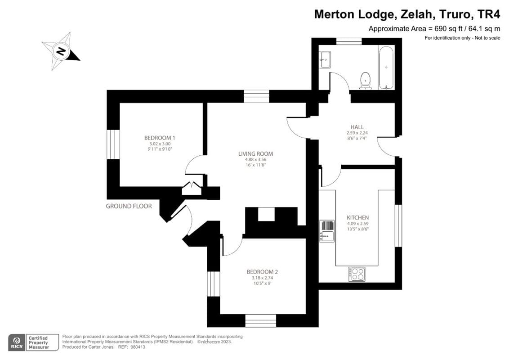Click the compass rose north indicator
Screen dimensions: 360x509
pos(61,51)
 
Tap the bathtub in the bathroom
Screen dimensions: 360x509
pos(386,67)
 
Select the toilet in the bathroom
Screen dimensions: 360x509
pos(366,80)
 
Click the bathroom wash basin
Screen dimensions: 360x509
pos(325,58)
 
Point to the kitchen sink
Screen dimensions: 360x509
pos(327,231)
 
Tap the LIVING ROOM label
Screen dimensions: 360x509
pos(255,154)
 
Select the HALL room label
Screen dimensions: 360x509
pos(357,127)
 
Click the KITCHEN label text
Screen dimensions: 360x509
pos(358,218)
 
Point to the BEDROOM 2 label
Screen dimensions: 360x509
pos(262,272)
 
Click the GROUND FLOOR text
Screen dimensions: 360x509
pos(129,206)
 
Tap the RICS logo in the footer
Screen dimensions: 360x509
pos(17,342)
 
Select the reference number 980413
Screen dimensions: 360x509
pos(137,347)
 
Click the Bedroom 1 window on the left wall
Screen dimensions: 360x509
pos(113,144)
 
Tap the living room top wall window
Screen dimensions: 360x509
pos(256,96)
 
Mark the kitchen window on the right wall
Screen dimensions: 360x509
pos(398,225)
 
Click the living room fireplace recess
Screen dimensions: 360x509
pos(266,214)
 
